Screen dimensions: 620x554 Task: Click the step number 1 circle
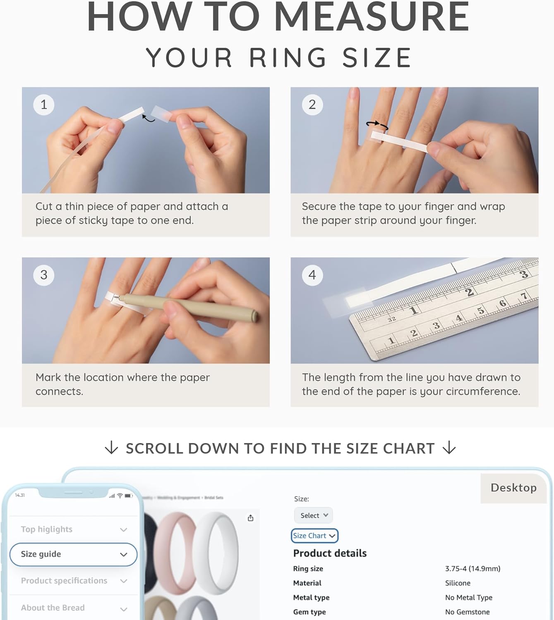(43, 105)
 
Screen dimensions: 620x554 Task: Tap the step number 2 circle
(312, 105)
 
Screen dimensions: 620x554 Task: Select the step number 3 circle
(43, 275)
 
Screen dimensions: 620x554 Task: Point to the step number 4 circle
(312, 275)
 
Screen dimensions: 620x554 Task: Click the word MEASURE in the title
(371, 17)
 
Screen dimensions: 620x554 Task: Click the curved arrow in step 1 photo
(148, 119)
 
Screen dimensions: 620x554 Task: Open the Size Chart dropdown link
(314, 536)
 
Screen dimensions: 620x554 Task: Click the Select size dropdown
(314, 515)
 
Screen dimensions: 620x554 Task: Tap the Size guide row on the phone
(73, 554)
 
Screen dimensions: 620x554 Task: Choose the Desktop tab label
(513, 488)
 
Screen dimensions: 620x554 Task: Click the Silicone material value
(458, 583)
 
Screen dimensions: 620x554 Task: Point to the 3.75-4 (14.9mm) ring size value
(472, 569)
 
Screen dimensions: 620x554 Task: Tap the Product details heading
(330, 553)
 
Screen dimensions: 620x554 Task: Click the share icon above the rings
(250, 518)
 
